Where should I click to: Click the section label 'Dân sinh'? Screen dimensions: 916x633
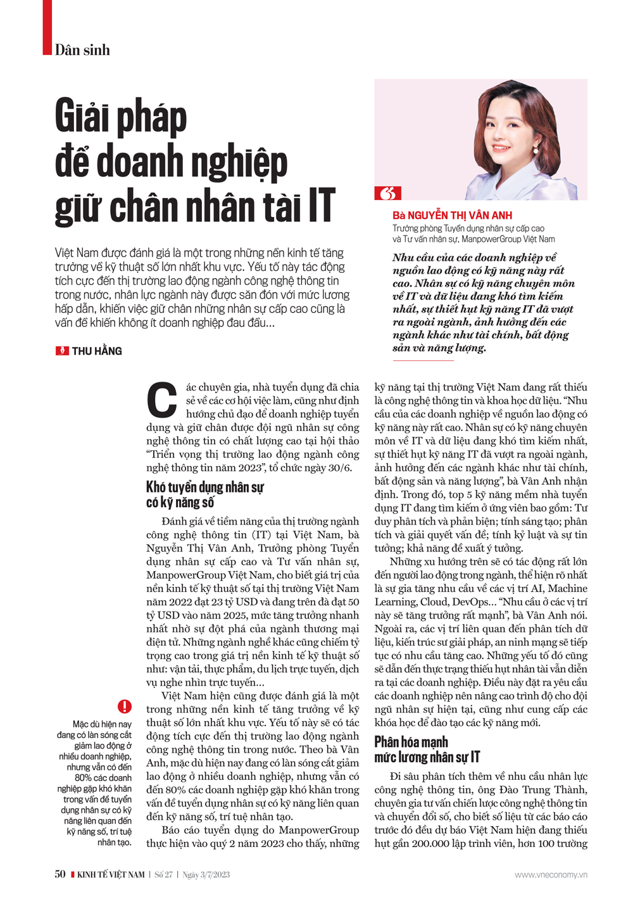tap(82, 50)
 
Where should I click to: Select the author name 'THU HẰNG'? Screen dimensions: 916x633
tap(97, 351)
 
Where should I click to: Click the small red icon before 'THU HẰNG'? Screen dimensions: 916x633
tap(62, 351)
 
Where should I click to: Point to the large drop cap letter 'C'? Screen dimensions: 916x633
tap(162, 401)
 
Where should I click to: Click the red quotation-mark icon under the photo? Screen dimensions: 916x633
tap(387, 193)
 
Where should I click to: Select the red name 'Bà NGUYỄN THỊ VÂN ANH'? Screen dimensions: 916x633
tap(452, 215)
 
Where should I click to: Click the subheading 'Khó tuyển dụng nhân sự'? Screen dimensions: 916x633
tap(204, 487)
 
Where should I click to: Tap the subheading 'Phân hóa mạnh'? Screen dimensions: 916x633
tap(411, 742)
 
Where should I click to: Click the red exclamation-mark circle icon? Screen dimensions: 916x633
tap(124, 706)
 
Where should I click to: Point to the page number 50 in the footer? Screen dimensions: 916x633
tap(60, 874)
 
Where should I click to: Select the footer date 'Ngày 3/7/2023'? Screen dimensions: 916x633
tap(206, 875)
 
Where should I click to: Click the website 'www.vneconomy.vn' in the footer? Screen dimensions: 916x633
tap(551, 875)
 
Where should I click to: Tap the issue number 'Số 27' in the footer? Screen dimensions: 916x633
tap(163, 875)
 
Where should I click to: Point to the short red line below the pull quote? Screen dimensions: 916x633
tap(423, 361)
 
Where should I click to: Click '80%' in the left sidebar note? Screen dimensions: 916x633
tap(85, 778)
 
